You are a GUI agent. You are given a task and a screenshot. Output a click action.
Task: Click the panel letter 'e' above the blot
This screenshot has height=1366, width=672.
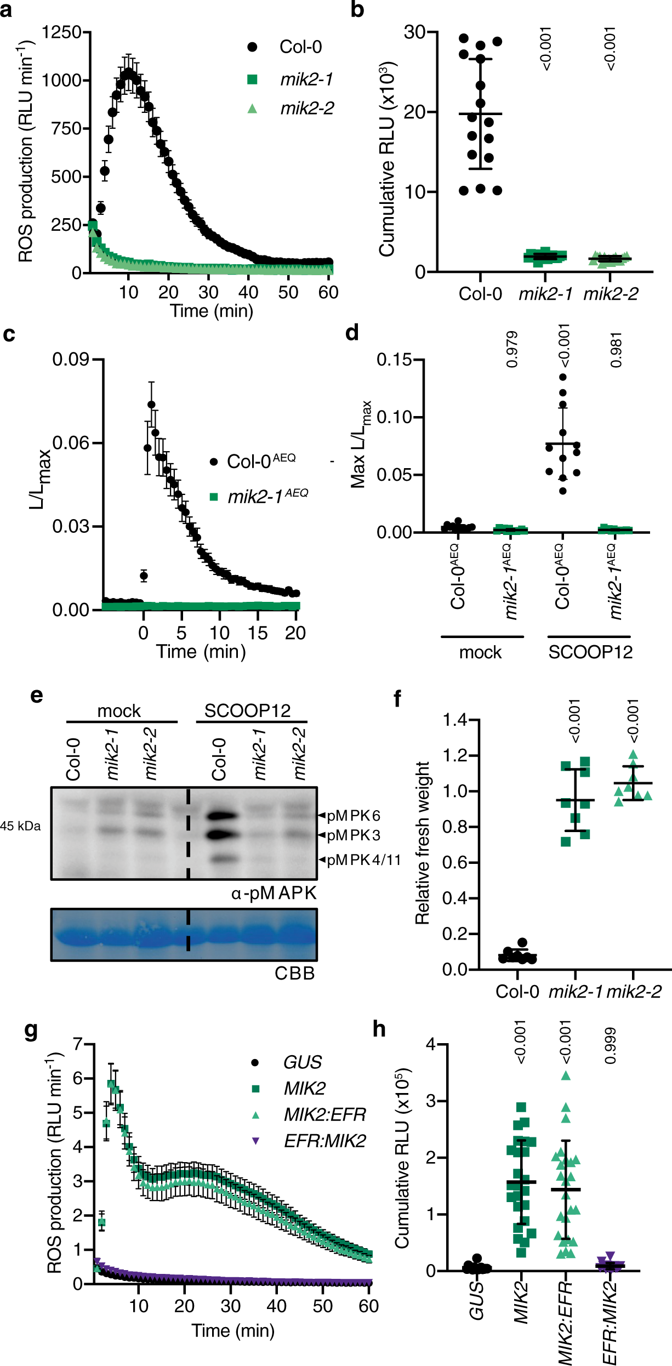[x=36, y=696]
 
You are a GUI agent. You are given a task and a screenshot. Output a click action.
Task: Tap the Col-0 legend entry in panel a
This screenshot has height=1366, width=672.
[x=300, y=47]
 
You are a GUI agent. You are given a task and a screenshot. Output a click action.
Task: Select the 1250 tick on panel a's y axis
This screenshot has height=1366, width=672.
[x=61, y=32]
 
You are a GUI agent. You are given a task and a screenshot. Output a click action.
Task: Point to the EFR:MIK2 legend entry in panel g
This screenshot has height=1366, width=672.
[x=324, y=1141]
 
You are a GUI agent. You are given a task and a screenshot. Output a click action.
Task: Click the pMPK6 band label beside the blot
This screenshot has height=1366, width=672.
[x=353, y=816]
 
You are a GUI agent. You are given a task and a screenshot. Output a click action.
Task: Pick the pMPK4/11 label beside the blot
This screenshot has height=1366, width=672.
[x=363, y=860]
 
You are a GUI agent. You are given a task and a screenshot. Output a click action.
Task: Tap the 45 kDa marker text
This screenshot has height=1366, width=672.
[x=20, y=826]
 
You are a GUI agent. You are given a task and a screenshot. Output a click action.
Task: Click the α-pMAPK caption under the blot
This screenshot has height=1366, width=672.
[x=274, y=893]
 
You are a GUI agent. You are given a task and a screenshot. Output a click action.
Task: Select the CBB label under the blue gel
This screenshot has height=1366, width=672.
[x=294, y=973]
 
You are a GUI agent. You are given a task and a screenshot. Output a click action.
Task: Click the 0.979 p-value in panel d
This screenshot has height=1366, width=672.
[x=512, y=349]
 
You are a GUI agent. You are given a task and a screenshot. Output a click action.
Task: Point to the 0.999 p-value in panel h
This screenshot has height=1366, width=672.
[x=611, y=1046]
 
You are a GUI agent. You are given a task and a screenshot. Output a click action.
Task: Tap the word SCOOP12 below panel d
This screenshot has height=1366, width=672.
[x=590, y=652]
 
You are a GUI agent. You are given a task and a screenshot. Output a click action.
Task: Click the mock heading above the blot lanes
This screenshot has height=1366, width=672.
[x=119, y=711]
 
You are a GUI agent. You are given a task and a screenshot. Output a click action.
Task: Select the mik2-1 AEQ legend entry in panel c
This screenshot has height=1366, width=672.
[x=267, y=496]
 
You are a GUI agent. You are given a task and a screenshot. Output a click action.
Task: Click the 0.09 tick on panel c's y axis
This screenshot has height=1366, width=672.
[x=70, y=360]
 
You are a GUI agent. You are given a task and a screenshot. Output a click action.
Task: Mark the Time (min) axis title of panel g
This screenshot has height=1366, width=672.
[x=233, y=1330]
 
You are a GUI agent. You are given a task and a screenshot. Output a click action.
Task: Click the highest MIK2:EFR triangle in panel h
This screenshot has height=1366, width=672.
[x=566, y=1076]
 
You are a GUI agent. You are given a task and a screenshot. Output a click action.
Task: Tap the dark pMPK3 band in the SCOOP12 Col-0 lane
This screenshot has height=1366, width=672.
[x=223, y=835]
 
